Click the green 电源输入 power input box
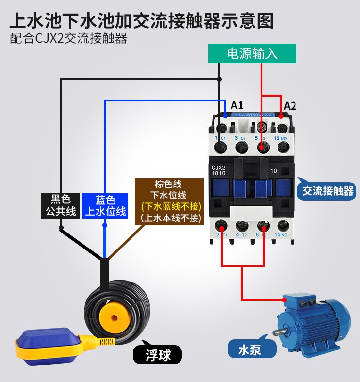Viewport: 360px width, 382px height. pyautogui.click(x=252, y=53)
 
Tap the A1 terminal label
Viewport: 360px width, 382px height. pyautogui.click(x=237, y=105)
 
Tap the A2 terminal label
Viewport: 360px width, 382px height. pyautogui.click(x=290, y=105)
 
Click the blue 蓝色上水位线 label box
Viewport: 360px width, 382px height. pyautogui.click(x=105, y=205)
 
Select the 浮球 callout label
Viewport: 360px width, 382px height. pyautogui.click(x=158, y=355)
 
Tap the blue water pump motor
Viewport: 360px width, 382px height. pyautogui.click(x=311, y=323)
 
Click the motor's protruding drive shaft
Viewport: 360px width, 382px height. pyautogui.click(x=278, y=333)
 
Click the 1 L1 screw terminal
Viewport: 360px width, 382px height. pyautogui.click(x=223, y=128)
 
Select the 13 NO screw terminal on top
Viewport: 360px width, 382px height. pyautogui.click(x=281, y=128)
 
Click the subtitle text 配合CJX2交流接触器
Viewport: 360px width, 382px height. pyautogui.click(x=68, y=39)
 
